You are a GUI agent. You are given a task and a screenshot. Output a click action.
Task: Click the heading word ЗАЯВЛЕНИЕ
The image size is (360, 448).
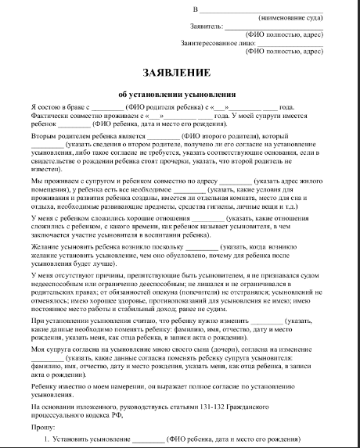click(x=176, y=73)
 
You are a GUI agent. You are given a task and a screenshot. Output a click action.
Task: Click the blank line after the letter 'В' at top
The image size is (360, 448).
click(x=258, y=8)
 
